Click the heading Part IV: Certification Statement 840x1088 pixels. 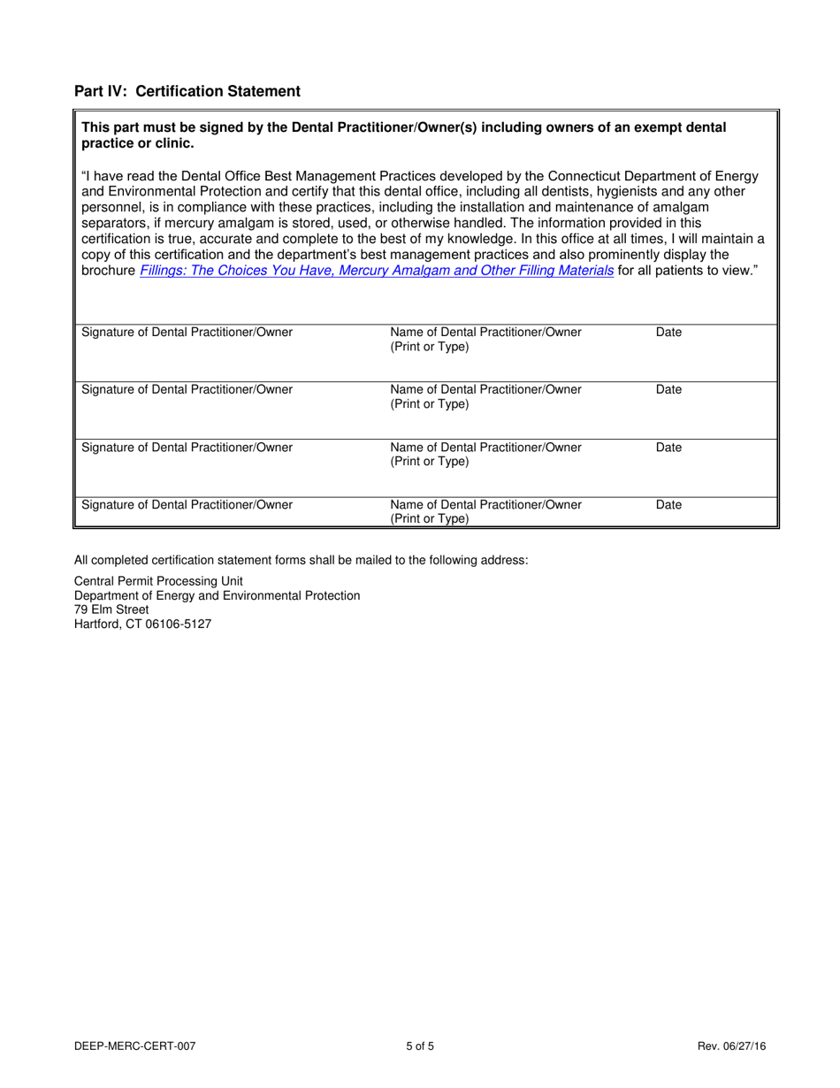187,91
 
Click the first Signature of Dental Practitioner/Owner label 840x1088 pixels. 187,333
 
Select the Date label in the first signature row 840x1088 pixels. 668,333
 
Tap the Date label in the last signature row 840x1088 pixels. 668,505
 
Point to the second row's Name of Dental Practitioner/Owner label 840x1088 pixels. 485,390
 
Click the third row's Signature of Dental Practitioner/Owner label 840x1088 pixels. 187,448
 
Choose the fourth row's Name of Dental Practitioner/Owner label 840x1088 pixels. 485,505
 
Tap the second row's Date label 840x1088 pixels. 668,390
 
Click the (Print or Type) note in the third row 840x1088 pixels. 430,462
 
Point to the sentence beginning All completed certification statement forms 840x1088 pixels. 301,559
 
